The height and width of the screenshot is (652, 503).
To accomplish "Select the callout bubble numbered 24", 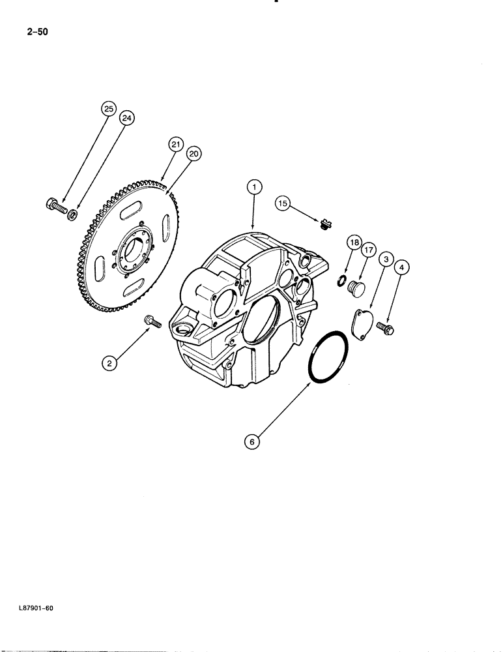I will [x=127, y=118].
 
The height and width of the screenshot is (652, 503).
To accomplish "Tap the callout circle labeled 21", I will [x=176, y=145].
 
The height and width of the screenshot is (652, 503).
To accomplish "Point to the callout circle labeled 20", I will [x=193, y=154].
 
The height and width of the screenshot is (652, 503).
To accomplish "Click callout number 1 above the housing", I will [x=254, y=187].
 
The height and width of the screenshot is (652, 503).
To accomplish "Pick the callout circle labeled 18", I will [x=354, y=243].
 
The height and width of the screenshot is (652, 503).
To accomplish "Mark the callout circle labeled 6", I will [x=253, y=441].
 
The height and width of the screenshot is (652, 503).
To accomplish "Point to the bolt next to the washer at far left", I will [x=55, y=206].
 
